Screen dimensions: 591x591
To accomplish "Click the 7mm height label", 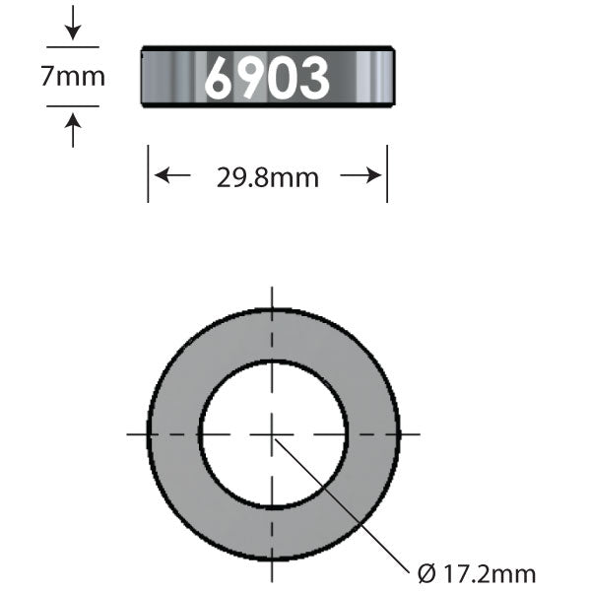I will pos(72,76).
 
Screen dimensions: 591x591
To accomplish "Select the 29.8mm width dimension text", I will pos(267,177).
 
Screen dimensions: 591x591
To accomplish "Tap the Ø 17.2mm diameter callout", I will pos(477,572).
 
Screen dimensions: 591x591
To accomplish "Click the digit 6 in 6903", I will pos(219,78).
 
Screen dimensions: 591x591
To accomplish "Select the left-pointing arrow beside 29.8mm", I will pos(173,176).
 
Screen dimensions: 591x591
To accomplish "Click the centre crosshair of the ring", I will pos(273,433).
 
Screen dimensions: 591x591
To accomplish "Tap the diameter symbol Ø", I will pos(425,572).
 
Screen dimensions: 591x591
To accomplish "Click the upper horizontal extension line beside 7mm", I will pos(73,45).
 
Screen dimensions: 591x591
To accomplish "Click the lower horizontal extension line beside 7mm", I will pos(73,105).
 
